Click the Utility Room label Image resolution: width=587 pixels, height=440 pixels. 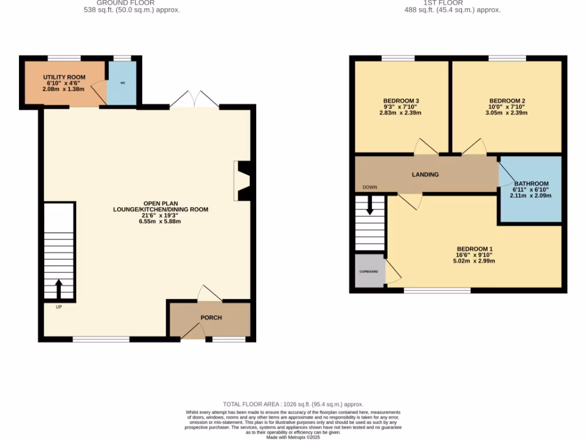(x=64, y=77)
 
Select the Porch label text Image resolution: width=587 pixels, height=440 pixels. (x=211, y=317)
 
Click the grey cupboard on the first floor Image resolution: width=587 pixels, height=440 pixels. (x=368, y=270)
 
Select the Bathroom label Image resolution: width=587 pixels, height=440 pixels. (x=531, y=184)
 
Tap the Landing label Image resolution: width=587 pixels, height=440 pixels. (x=425, y=174)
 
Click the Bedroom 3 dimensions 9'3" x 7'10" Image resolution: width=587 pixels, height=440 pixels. (x=400, y=107)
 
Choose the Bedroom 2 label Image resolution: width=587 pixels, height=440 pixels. (x=507, y=100)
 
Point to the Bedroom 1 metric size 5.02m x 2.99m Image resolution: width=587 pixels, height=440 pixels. (x=473, y=261)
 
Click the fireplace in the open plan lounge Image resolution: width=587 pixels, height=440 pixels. (x=242, y=181)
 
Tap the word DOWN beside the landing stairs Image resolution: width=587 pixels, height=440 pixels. (x=370, y=187)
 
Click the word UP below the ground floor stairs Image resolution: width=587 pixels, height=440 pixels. (x=58, y=307)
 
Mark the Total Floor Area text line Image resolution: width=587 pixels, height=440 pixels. (x=293, y=404)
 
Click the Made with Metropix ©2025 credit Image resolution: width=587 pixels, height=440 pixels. (x=293, y=437)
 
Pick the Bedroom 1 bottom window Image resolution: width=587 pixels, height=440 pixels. (x=437, y=290)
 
